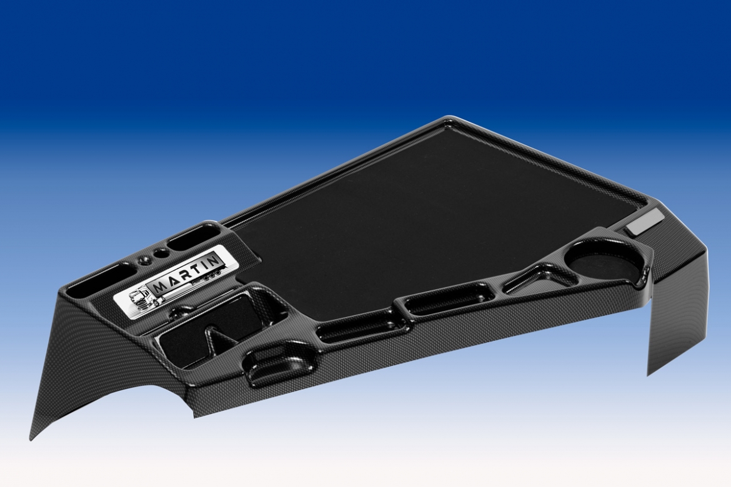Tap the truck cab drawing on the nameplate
[x=141, y=300]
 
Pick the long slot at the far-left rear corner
[x=96, y=282]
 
